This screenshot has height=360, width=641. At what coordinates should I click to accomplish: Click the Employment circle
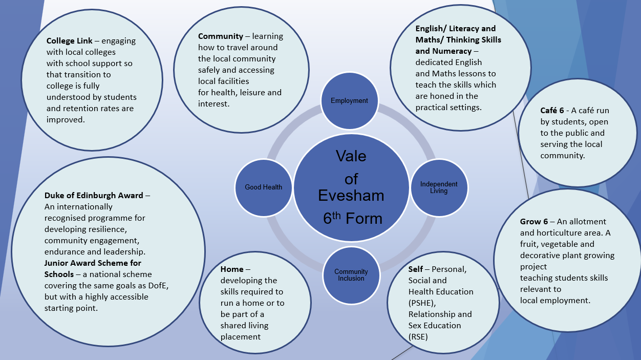[349, 101]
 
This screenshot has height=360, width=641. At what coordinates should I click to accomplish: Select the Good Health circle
[263, 187]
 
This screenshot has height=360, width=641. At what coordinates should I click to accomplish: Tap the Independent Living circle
[439, 187]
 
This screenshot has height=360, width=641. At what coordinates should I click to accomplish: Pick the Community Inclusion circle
[351, 275]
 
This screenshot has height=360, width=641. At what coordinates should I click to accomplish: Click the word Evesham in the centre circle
[351, 195]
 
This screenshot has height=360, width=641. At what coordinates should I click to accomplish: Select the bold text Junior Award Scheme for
[93, 263]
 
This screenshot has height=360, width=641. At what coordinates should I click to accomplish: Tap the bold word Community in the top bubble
[220, 36]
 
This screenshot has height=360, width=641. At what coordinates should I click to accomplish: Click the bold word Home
[232, 269]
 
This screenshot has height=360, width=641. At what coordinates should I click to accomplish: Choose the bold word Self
[415, 269]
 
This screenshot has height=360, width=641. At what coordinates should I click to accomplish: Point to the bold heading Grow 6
[534, 222]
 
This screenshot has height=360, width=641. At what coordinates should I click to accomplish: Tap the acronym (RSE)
[418, 337]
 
